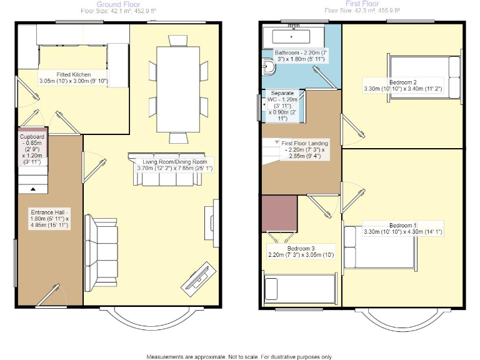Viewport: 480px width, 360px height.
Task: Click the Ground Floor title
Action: [118, 4]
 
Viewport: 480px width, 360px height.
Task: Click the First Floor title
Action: [362, 4]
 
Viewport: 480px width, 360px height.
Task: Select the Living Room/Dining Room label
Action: [175, 165]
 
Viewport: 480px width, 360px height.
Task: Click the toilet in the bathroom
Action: [269, 66]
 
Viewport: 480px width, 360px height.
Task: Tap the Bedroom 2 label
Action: [403, 86]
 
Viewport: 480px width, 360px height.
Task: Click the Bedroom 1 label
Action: [403, 229]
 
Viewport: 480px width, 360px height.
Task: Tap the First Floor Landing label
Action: [302, 150]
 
